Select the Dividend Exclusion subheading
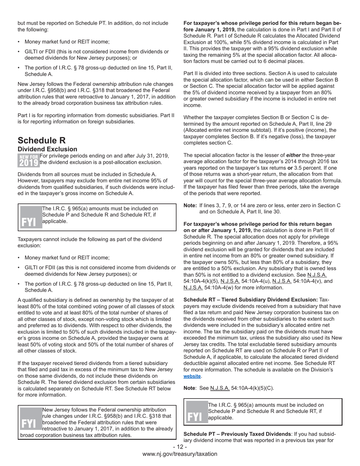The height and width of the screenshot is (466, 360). [47, 149]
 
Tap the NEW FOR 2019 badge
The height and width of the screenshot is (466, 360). [28, 160]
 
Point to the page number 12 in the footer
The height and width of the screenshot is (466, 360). [180, 447]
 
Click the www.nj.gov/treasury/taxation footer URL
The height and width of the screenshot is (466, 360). [180, 454]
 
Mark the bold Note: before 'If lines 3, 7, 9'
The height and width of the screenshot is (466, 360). [190, 206]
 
